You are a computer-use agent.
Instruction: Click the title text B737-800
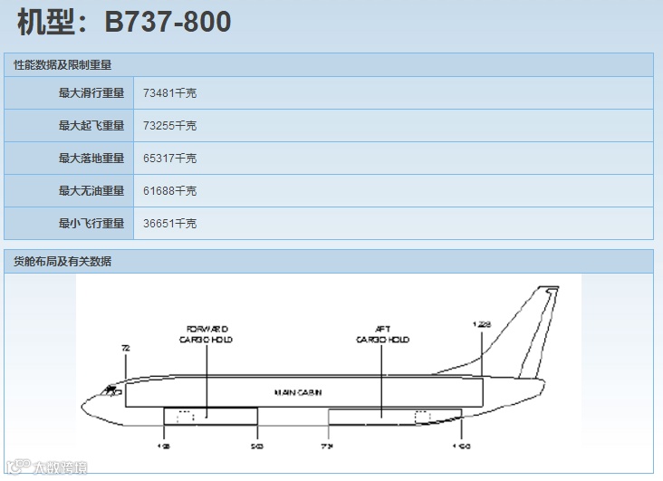coord(168,22)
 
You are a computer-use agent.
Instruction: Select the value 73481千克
coord(169,92)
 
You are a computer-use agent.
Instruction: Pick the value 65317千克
coord(169,158)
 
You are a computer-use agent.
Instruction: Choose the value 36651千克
coord(169,223)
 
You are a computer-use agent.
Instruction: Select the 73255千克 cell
coord(169,125)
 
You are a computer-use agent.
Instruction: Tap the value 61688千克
coord(169,190)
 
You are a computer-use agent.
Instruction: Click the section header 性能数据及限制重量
coord(62,64)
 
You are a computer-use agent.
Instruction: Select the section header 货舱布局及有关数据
coord(62,261)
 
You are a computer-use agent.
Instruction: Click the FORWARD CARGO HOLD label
coord(207,333)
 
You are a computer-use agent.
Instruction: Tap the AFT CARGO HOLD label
coord(382,334)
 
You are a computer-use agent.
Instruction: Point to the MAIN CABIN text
coord(298,392)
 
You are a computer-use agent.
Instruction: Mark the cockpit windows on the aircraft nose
coord(111,390)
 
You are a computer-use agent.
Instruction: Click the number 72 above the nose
coord(126,348)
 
